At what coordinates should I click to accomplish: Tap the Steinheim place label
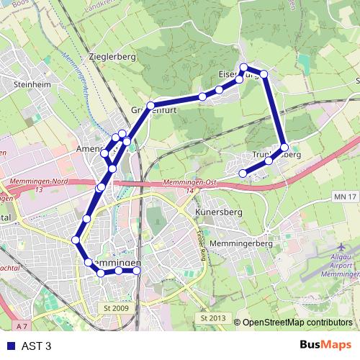pos(30,84)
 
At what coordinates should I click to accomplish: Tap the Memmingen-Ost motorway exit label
pos(190,184)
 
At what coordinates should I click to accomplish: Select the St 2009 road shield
pos(115,308)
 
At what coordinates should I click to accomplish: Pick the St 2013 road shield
pos(213,318)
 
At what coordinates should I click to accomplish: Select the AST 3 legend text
pos(37,346)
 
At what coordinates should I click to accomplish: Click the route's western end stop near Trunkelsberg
pos(243,173)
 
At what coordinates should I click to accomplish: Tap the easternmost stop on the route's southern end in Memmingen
pos(136,271)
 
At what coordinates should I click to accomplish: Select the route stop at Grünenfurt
pos(151,106)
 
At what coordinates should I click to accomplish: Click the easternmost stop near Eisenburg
pos(264,74)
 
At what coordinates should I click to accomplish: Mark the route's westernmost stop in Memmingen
pos(75,240)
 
